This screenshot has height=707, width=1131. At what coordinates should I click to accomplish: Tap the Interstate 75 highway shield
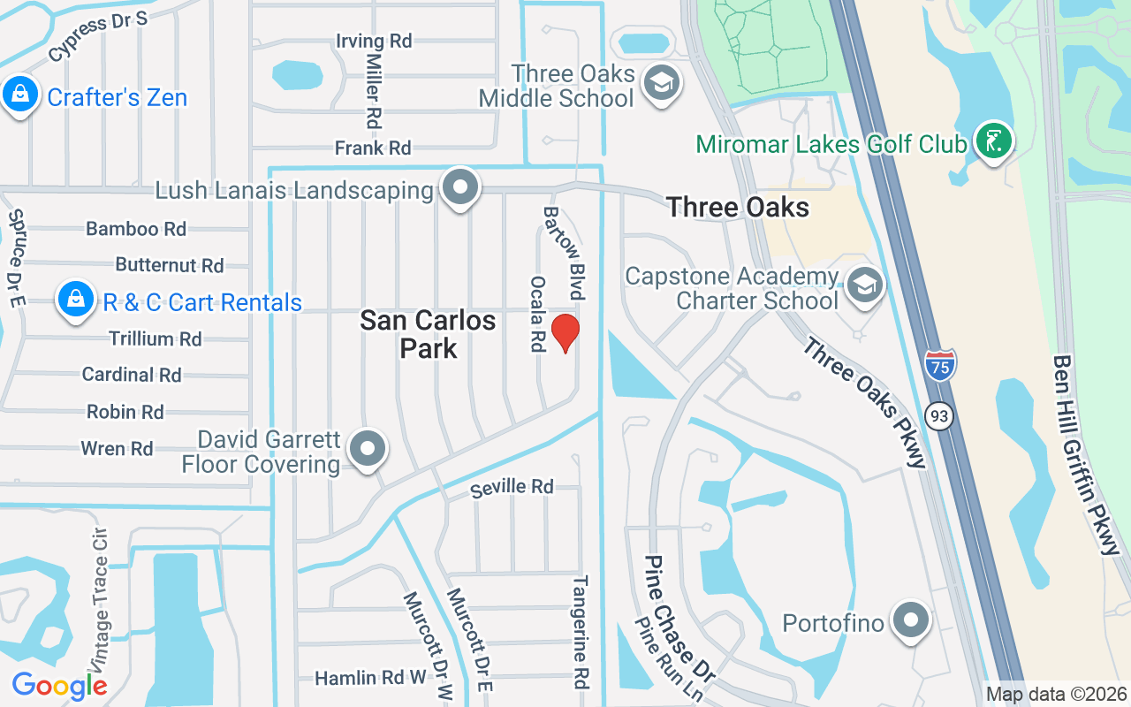point(940,365)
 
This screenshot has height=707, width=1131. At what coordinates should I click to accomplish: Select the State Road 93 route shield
point(940,414)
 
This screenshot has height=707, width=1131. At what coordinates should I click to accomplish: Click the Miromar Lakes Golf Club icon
point(993,141)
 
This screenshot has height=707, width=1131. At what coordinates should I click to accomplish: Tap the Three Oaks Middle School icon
point(660,84)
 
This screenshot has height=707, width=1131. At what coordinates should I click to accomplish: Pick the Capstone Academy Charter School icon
point(864,285)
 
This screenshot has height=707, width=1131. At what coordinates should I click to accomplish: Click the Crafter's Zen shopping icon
point(19,95)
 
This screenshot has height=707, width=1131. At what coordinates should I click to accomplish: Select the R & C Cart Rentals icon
point(77,300)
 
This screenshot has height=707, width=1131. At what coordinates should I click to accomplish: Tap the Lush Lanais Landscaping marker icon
point(460,188)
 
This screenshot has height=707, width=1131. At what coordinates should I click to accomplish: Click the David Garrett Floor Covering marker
point(367,449)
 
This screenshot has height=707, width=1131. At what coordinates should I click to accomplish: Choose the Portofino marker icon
point(909,621)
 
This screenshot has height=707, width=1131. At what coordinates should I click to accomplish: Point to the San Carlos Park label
point(428,333)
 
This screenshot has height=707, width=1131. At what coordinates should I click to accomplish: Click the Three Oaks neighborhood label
point(738,208)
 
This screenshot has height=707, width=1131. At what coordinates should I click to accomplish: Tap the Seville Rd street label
point(512,487)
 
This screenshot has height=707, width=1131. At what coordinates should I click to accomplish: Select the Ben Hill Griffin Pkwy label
point(1085,454)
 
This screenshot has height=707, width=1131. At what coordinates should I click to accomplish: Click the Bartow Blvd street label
point(564,253)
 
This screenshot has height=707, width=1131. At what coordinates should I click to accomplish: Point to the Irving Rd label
point(374,41)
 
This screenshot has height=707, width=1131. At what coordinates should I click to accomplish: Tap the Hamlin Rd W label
point(370,678)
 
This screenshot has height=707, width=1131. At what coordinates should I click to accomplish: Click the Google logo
point(59,685)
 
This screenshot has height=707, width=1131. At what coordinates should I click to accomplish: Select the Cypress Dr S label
point(97,37)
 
